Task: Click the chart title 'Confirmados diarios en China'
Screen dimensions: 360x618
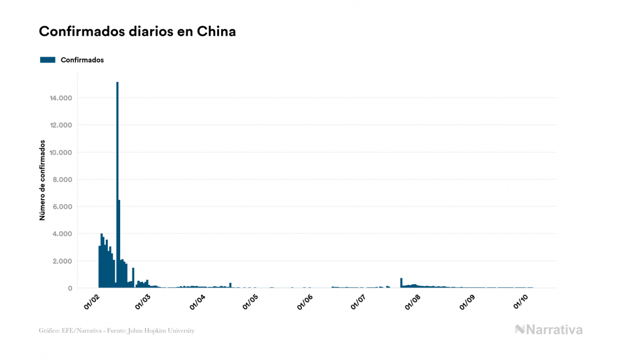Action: click(x=137, y=32)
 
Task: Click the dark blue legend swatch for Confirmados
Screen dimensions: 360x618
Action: click(x=48, y=60)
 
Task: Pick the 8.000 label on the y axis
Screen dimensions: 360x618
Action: click(x=61, y=179)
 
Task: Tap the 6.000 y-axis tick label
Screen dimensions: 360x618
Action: click(x=61, y=207)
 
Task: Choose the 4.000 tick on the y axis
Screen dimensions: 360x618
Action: click(x=61, y=234)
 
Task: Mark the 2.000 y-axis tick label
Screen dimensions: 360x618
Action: click(x=61, y=261)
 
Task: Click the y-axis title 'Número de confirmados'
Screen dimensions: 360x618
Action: click(x=42, y=181)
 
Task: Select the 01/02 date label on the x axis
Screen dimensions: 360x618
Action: click(x=92, y=302)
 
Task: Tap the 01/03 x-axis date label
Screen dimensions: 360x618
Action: click(x=143, y=302)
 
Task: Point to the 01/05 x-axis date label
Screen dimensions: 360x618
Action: click(x=251, y=302)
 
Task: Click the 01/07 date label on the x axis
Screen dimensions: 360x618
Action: click(x=358, y=302)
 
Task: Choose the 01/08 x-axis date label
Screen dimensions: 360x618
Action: click(x=413, y=302)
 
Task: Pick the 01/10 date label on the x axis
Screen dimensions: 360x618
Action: click(x=521, y=302)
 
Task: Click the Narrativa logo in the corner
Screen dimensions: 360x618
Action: click(x=549, y=330)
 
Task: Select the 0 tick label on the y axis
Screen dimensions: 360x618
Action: click(x=70, y=288)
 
